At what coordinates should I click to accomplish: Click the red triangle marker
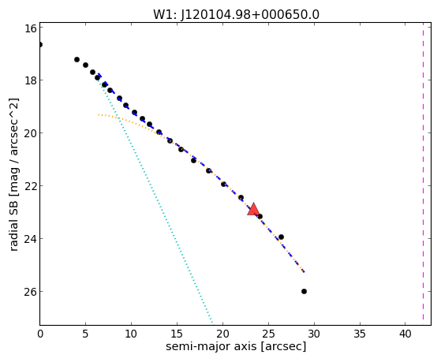click(253, 209)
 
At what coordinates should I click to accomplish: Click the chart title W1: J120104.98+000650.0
click(236, 15)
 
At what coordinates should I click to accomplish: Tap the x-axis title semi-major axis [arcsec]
click(236, 346)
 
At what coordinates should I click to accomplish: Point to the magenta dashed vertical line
click(423, 174)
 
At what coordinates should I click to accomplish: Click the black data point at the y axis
click(40, 44)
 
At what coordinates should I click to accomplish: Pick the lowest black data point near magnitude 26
click(304, 291)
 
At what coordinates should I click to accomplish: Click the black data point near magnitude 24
click(281, 237)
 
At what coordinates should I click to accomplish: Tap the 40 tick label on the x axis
click(405, 334)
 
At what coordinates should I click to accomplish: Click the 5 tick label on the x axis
click(85, 334)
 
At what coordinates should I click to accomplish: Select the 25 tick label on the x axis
click(268, 334)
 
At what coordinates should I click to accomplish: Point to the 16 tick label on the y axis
click(30, 28)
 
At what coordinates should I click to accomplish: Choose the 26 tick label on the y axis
click(30, 291)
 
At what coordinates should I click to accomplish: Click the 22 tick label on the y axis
click(30, 186)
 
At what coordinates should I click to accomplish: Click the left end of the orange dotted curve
click(98, 115)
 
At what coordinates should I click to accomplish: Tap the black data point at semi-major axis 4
click(77, 59)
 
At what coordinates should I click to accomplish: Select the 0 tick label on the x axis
click(40, 334)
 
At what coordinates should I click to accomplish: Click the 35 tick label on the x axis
click(360, 334)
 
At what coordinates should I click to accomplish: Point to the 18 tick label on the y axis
click(30, 80)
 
